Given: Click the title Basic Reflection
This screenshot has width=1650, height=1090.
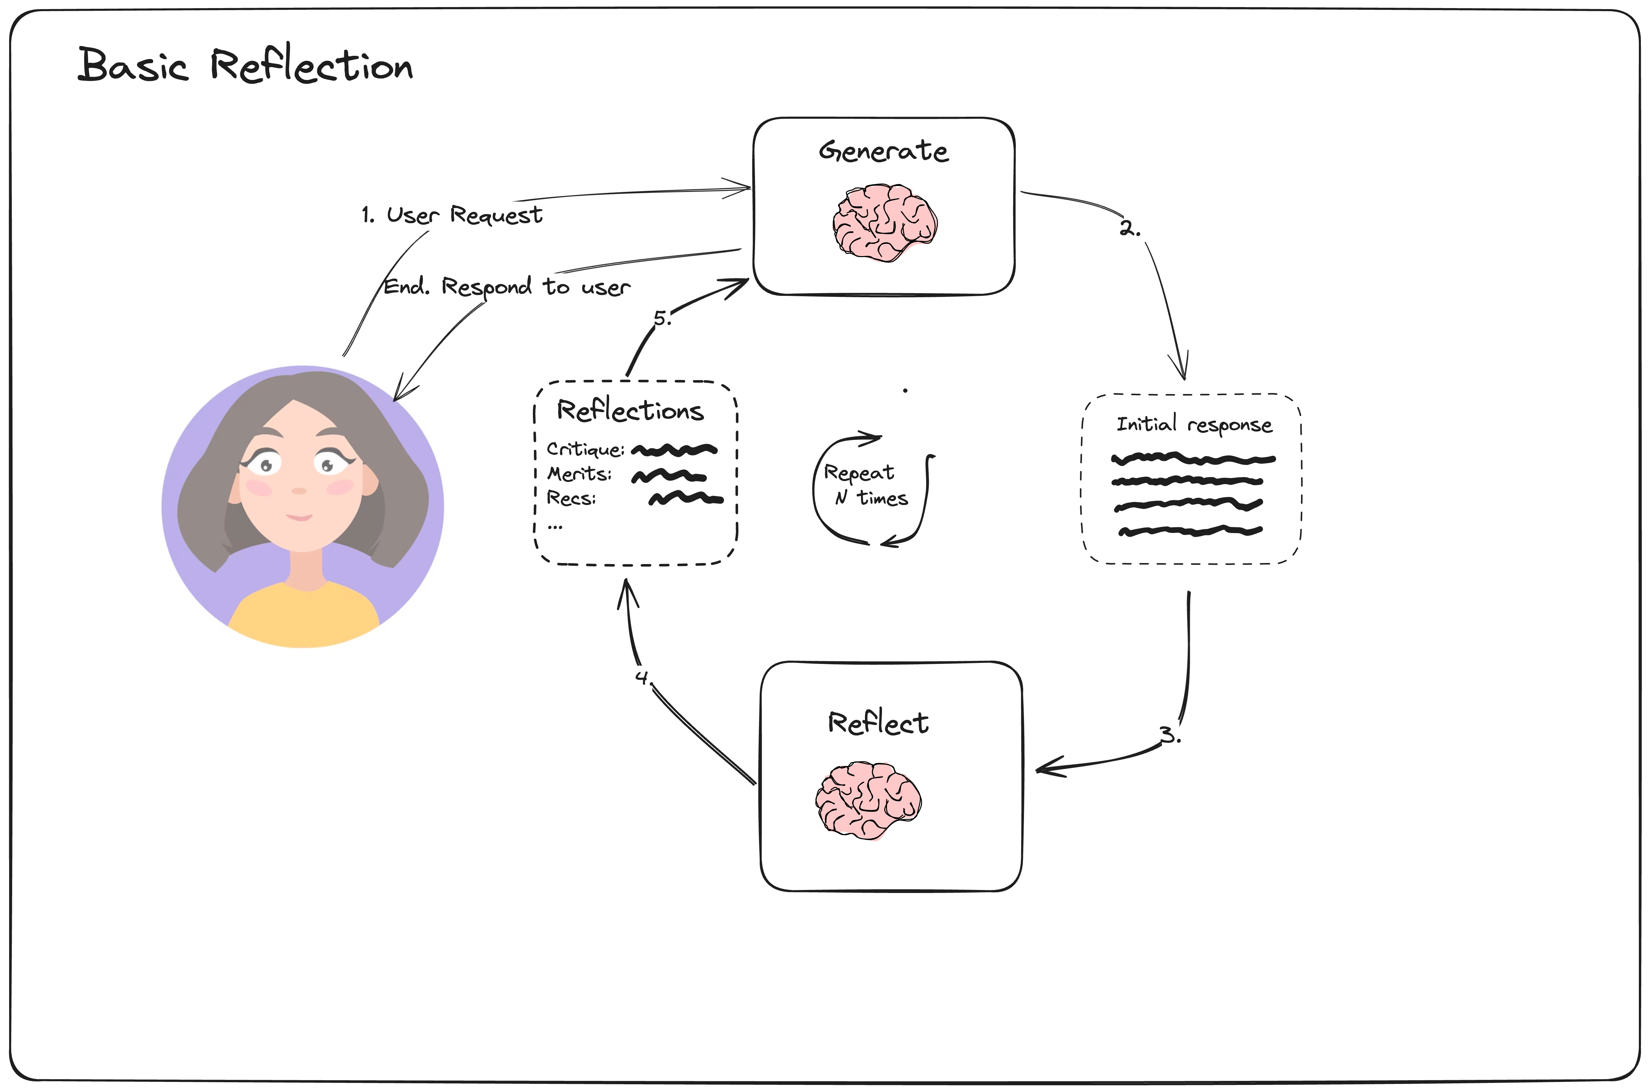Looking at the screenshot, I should (x=245, y=66).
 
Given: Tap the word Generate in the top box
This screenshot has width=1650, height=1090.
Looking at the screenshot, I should (x=883, y=151).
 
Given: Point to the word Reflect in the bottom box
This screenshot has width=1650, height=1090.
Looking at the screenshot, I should (x=877, y=723).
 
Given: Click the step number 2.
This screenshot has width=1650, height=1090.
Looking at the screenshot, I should (x=1129, y=228).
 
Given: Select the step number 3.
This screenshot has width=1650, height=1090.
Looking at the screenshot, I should (x=1169, y=735).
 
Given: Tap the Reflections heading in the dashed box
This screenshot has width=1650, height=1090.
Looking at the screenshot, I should (x=630, y=411).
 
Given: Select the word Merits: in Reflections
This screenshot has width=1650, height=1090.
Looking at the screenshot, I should (x=579, y=474).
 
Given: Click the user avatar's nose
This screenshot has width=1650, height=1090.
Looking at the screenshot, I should (x=299, y=491).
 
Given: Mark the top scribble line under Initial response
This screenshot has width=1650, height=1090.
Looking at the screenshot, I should (x=1193, y=459).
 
